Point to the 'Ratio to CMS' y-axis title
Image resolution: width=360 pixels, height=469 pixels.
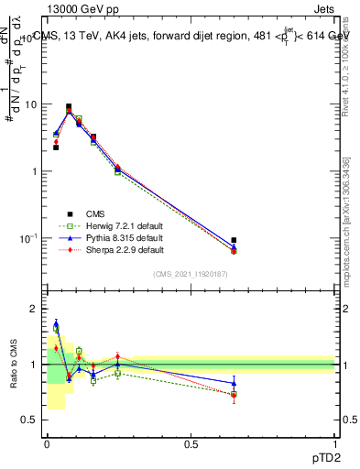pos(14,364)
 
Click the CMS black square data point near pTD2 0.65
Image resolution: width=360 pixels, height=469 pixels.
pos(234,240)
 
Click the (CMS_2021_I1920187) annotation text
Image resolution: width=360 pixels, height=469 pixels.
pos(191,274)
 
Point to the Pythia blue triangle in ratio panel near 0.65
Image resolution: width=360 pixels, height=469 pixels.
pos(234,383)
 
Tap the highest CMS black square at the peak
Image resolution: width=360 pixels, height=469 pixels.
pos(69,107)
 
